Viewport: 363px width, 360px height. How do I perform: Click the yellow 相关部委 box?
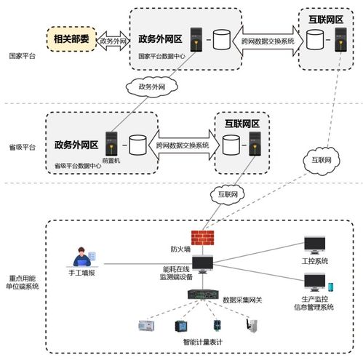[x=71, y=39]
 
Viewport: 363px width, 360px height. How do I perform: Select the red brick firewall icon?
[x=197, y=238]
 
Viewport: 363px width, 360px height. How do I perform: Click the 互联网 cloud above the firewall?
[x=227, y=194]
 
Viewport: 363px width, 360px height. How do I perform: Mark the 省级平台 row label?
[x=21, y=146]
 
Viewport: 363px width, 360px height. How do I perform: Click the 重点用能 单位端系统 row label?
[x=23, y=281]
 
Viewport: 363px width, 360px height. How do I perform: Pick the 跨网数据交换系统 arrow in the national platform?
[x=268, y=41]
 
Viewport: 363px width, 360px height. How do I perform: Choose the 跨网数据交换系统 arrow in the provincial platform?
[x=182, y=145]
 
